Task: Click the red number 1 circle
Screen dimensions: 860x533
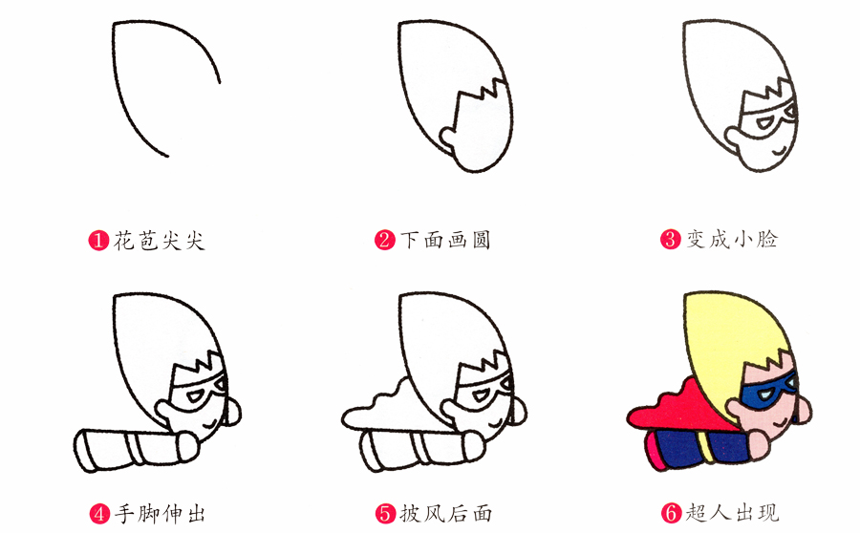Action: (x=98, y=240)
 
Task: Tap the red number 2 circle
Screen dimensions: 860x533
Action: (x=385, y=240)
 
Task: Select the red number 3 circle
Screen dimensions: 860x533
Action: (x=670, y=240)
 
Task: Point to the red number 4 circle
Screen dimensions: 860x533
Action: (x=99, y=514)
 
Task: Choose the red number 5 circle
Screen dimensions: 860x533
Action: (x=386, y=514)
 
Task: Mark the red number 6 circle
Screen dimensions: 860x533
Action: (x=672, y=513)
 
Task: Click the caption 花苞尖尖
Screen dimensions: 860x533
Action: (x=159, y=240)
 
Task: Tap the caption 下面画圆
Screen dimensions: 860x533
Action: (x=445, y=240)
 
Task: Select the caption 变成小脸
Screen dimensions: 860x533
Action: (x=732, y=240)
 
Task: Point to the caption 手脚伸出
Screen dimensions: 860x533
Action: (x=160, y=514)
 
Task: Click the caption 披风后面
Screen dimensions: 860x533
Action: (x=446, y=514)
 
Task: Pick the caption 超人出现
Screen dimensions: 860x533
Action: (x=732, y=513)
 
